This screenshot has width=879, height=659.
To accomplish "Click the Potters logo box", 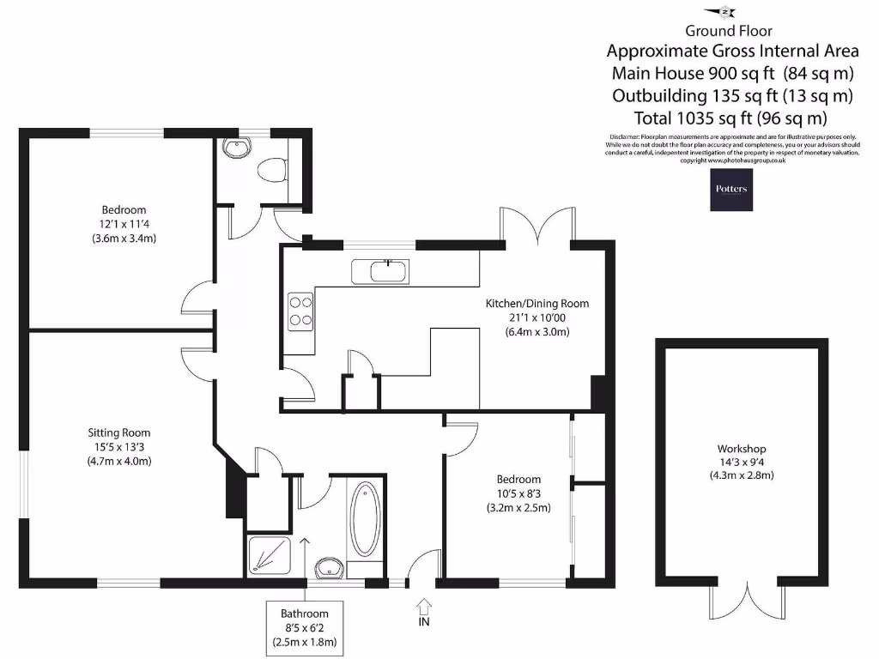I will click(730, 190).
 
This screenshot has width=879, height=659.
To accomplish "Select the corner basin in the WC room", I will click(233, 148).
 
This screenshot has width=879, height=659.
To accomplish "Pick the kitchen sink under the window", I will click(381, 271).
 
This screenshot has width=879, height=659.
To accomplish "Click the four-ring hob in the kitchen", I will click(300, 311).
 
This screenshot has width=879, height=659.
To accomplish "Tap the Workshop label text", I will click(742, 449).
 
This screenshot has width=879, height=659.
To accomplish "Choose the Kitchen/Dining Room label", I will click(537, 304).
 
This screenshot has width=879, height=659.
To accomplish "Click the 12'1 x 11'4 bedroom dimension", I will click(124, 225).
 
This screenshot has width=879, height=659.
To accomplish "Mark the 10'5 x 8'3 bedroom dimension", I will click(518, 493).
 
